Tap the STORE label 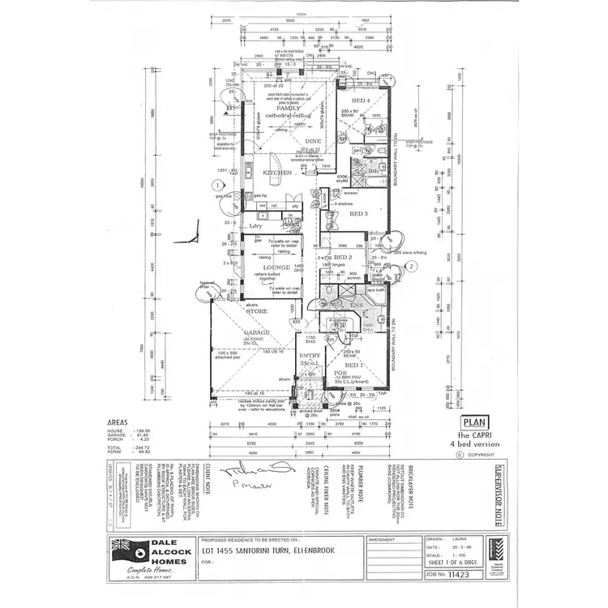pyautogui.click(x=258, y=310)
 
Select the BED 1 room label pyautogui.click(x=356, y=366)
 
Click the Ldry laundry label pyautogui.click(x=256, y=226)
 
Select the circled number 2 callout pyautogui.click(x=412, y=265)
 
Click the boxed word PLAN pyautogui.click(x=473, y=422)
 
